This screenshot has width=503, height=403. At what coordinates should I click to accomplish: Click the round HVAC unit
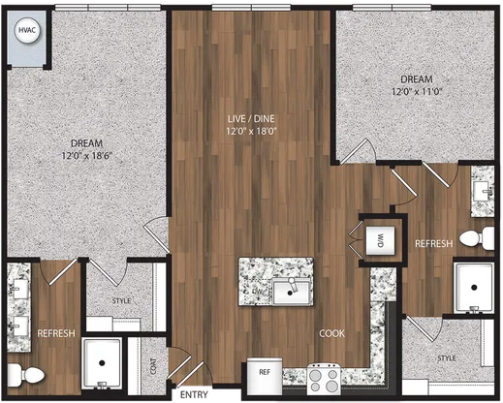point(27,30)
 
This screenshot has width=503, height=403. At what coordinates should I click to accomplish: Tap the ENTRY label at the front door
point(194,394)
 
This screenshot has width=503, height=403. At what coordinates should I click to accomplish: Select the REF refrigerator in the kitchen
point(265,376)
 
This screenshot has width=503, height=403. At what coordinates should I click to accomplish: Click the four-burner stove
point(324,379)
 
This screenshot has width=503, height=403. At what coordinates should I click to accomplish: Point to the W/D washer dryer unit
point(380,240)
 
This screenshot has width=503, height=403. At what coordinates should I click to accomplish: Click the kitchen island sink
point(292,292)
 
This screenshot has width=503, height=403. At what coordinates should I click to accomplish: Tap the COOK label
point(331,333)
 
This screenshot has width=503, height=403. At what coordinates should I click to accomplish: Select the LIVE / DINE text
point(251,118)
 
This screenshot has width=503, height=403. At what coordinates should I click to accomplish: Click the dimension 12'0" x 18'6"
point(86,156)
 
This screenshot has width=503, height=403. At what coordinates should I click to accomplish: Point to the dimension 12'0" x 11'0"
point(417,91)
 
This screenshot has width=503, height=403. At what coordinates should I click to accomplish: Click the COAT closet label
point(153,366)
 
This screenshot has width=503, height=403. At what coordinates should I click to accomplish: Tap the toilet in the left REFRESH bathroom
point(26,375)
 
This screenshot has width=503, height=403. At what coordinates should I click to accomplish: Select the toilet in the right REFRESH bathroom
point(477,238)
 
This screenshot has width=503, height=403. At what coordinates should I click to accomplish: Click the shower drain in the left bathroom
point(102,363)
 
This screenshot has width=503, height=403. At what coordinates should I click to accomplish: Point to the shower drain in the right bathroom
point(474,287)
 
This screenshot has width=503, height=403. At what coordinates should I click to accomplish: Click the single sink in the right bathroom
point(483,191)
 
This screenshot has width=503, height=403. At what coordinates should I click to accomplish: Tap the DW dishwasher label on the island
point(258,292)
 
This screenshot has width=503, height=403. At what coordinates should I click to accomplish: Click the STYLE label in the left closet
point(121,301)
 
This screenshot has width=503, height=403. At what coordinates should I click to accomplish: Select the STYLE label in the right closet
point(447,358)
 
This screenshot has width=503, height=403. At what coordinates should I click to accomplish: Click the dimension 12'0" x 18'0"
point(251,132)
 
